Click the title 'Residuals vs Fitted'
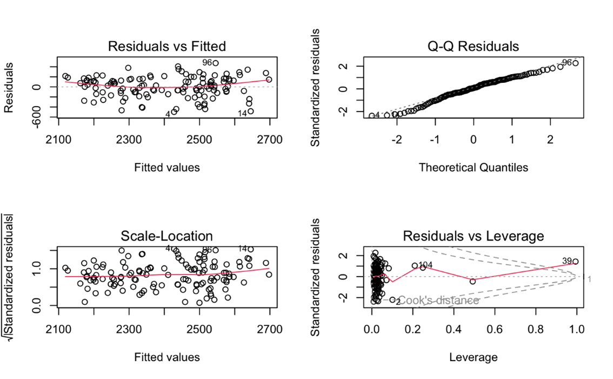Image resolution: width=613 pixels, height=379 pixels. coord(166,46)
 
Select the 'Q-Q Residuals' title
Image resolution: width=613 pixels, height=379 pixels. coord(473,46)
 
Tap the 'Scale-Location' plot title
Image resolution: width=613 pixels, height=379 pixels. coord(166,236)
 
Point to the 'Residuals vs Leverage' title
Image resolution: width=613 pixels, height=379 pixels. coord(473,236)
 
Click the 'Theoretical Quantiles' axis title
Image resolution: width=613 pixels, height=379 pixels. coord(473,167)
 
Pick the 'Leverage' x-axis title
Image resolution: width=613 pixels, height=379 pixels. coord(473,357)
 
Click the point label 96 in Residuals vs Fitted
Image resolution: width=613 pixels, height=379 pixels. coord(207,63)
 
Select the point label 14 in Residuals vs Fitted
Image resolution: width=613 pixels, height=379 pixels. coord(242,113)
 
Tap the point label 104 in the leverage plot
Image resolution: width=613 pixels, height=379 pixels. coord(425,265)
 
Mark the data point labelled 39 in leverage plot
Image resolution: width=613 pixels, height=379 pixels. coord(575,262)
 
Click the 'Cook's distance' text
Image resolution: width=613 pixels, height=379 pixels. coord(438,300)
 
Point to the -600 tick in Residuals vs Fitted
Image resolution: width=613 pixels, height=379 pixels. coord(38,117)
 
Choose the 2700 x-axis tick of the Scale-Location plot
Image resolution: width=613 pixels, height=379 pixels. coord(270,330)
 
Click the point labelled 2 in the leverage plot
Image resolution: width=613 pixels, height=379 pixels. coord(392,299)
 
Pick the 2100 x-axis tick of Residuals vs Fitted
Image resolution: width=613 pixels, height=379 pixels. coord(58,140)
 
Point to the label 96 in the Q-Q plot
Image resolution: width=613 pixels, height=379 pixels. coord(567,63)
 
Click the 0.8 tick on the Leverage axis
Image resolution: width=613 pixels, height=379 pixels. coord(536,330)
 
